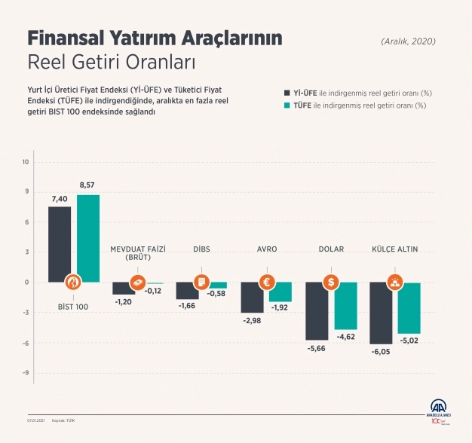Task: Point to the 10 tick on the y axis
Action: [26, 162]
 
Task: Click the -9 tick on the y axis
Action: [26, 373]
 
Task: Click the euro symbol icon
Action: [265, 283]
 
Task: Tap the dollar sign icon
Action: [330, 283]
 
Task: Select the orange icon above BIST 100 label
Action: [73, 283]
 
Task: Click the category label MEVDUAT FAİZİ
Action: [137, 249]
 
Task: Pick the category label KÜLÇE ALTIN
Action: [394, 249]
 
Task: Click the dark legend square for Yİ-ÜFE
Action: [287, 93]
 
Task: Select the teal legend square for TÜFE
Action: [287, 106]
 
